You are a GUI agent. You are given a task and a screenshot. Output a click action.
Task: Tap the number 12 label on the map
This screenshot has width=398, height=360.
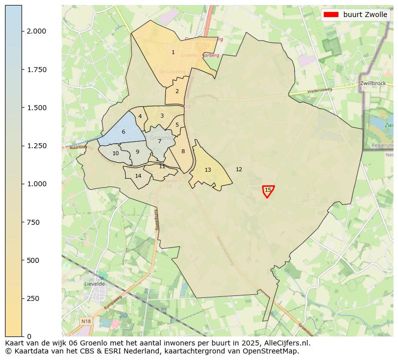click(x=239, y=169)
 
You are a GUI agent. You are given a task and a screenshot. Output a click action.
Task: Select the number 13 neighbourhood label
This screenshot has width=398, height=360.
click(x=208, y=170)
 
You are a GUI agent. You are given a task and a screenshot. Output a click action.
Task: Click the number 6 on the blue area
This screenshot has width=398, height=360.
click(x=123, y=132)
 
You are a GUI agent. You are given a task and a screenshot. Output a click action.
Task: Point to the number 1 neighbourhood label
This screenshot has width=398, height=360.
click(x=173, y=52)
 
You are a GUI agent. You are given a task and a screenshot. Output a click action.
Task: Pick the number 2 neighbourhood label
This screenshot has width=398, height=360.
click(x=177, y=91)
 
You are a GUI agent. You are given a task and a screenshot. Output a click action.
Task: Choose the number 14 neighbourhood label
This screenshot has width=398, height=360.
click(x=138, y=176)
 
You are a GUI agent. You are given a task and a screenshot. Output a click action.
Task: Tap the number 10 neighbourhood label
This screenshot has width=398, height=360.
click(x=115, y=153)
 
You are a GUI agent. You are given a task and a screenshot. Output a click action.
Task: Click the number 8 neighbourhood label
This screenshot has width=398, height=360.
click(x=183, y=151)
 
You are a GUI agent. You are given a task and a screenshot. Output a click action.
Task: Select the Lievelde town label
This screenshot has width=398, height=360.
click(x=95, y=283)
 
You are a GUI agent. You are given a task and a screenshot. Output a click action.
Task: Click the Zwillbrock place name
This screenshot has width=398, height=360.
click(x=372, y=83)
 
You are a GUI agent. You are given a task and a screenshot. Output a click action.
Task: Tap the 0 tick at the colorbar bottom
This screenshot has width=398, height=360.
click(x=30, y=336)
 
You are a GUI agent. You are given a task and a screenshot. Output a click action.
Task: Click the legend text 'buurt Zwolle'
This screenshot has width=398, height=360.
click(x=365, y=15)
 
